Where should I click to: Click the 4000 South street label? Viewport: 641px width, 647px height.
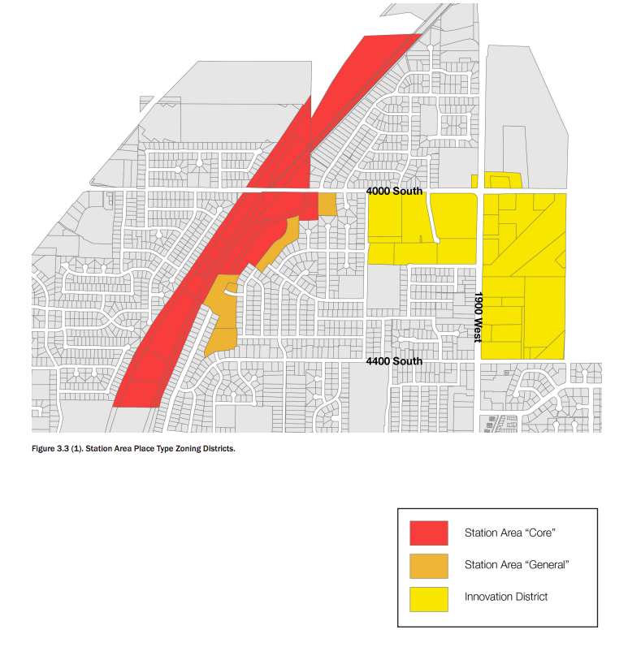[394, 192]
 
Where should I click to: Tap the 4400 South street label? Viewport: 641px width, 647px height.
[394, 361]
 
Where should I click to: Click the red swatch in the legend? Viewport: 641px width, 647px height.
[428, 533]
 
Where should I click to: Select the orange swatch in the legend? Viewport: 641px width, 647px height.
[428, 565]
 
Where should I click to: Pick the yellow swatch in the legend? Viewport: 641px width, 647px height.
[428, 597]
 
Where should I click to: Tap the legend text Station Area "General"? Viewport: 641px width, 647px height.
[516, 565]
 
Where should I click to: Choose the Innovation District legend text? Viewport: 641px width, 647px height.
[506, 597]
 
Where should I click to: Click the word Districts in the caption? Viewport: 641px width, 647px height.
[218, 448]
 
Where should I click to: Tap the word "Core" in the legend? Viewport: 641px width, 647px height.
[539, 533]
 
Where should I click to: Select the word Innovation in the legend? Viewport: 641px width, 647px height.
[487, 597]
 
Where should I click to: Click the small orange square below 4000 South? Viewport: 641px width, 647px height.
[327, 204]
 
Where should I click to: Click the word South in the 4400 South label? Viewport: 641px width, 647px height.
[408, 361]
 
